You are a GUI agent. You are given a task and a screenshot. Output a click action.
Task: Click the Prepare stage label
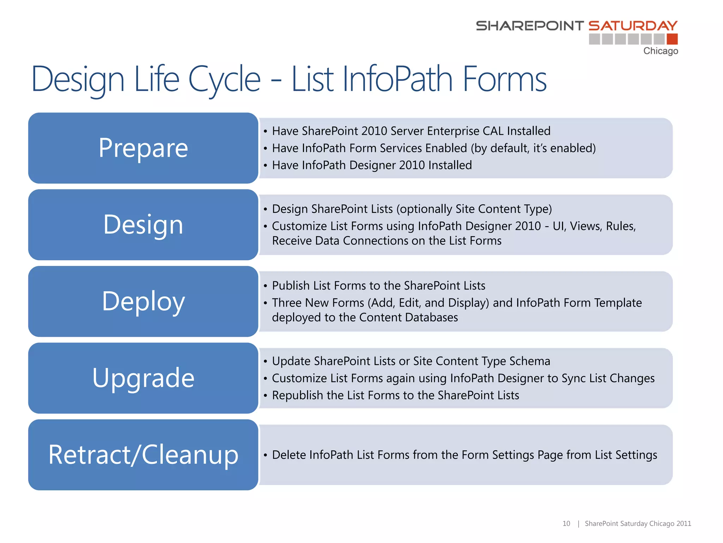pos(143,148)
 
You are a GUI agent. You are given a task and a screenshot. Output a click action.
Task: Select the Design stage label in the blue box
pos(143,225)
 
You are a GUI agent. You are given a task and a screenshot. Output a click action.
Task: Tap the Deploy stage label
pos(143,302)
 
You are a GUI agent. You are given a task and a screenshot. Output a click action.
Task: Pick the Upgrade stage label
pos(143,378)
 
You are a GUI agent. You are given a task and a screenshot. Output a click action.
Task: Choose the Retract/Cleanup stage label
pos(143,455)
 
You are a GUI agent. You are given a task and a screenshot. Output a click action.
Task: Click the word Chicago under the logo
pos(661,51)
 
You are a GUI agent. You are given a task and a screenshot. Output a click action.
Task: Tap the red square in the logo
pos(672,39)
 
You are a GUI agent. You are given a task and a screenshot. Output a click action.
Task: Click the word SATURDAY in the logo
pos(633,26)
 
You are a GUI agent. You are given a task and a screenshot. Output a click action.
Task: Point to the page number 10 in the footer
pos(566,524)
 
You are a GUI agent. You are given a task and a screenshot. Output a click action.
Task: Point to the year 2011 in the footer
pos(684,524)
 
